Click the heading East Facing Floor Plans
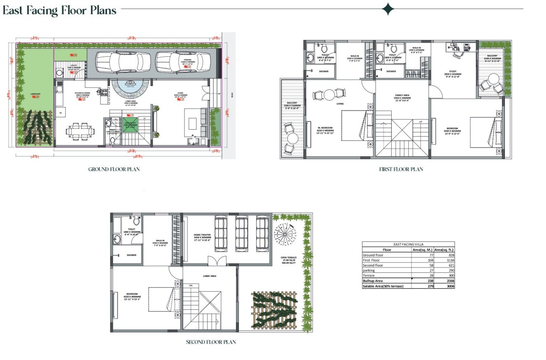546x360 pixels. pos(60,10)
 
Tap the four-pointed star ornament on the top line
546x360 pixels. pos(388,9)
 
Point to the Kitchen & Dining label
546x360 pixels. pos(82,94)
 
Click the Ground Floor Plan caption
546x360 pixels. pos(114,169)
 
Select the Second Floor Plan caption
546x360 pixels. pos(211,342)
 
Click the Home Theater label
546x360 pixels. pos(202,236)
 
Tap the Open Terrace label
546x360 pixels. pos(289,258)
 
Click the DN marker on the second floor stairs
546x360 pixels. pos(190,285)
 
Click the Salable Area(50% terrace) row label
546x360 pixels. pos(383,286)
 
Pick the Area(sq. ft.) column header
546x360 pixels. pos(444,249)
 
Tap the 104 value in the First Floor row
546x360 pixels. pos(431,260)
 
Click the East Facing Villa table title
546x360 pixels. pos(408,244)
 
